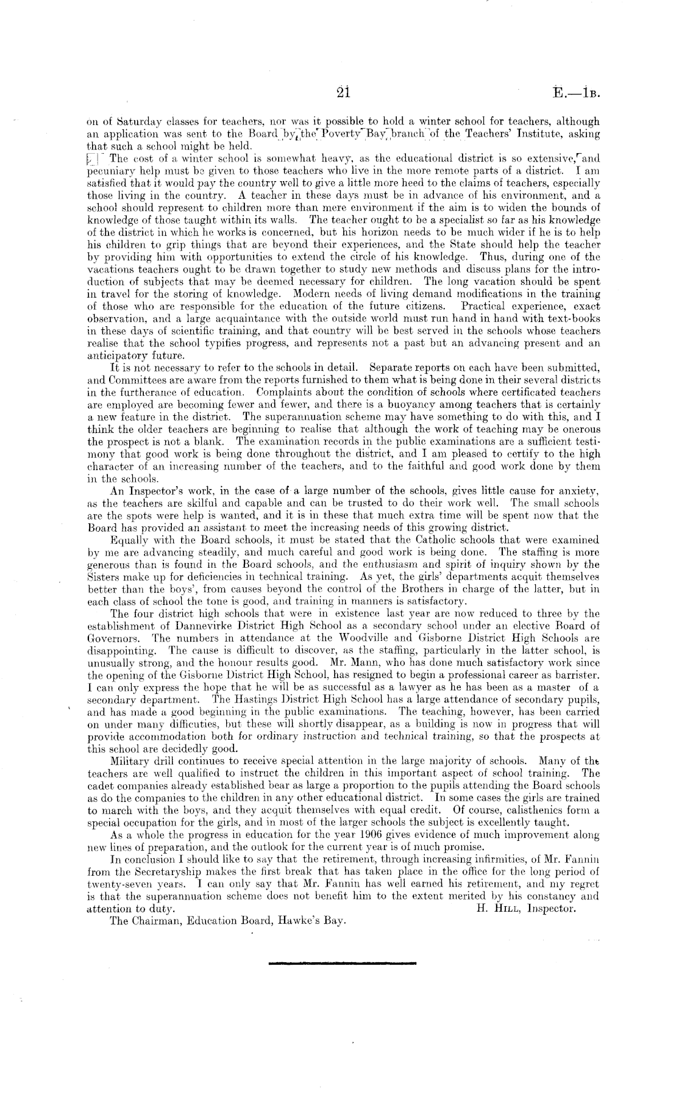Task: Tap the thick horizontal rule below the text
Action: coord(341,964)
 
